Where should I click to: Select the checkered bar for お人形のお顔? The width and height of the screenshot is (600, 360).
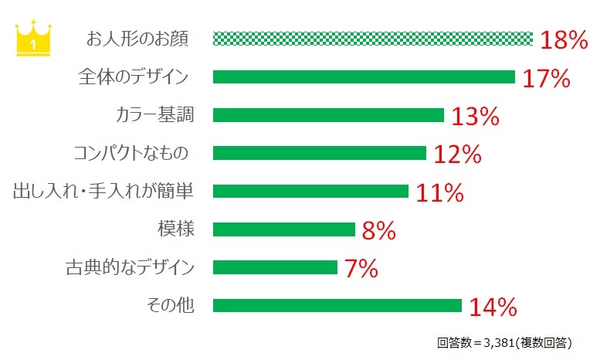[x=372, y=39]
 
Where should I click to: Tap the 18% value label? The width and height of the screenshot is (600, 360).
[x=564, y=40]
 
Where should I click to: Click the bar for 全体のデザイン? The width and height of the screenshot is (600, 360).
[x=364, y=76]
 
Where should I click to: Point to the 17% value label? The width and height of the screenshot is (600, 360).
[x=546, y=78]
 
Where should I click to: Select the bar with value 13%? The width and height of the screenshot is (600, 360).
[x=328, y=115]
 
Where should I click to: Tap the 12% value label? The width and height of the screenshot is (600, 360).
[x=457, y=155]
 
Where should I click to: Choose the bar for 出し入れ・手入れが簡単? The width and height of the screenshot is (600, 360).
[x=310, y=191]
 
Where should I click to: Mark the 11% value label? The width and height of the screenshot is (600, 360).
[x=439, y=192]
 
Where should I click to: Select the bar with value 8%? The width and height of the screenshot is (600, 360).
[x=283, y=229]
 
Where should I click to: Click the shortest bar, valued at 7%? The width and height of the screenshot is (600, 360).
[x=275, y=267]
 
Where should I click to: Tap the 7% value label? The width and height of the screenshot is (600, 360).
[x=361, y=269]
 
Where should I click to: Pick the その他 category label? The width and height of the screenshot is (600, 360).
[x=169, y=305]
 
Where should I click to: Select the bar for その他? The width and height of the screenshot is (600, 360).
[x=337, y=305]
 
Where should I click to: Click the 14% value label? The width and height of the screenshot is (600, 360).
[x=493, y=307]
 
